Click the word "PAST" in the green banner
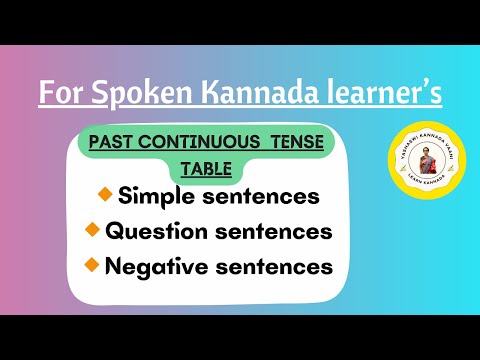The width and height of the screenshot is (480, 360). tap(113, 142)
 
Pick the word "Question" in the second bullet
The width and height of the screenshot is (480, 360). tap(150, 231)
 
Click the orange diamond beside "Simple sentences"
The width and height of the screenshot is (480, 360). tap(105, 194)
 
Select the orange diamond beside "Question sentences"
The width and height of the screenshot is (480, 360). tap(93, 230)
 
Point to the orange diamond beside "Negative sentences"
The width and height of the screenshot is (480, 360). tap(93, 265)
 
